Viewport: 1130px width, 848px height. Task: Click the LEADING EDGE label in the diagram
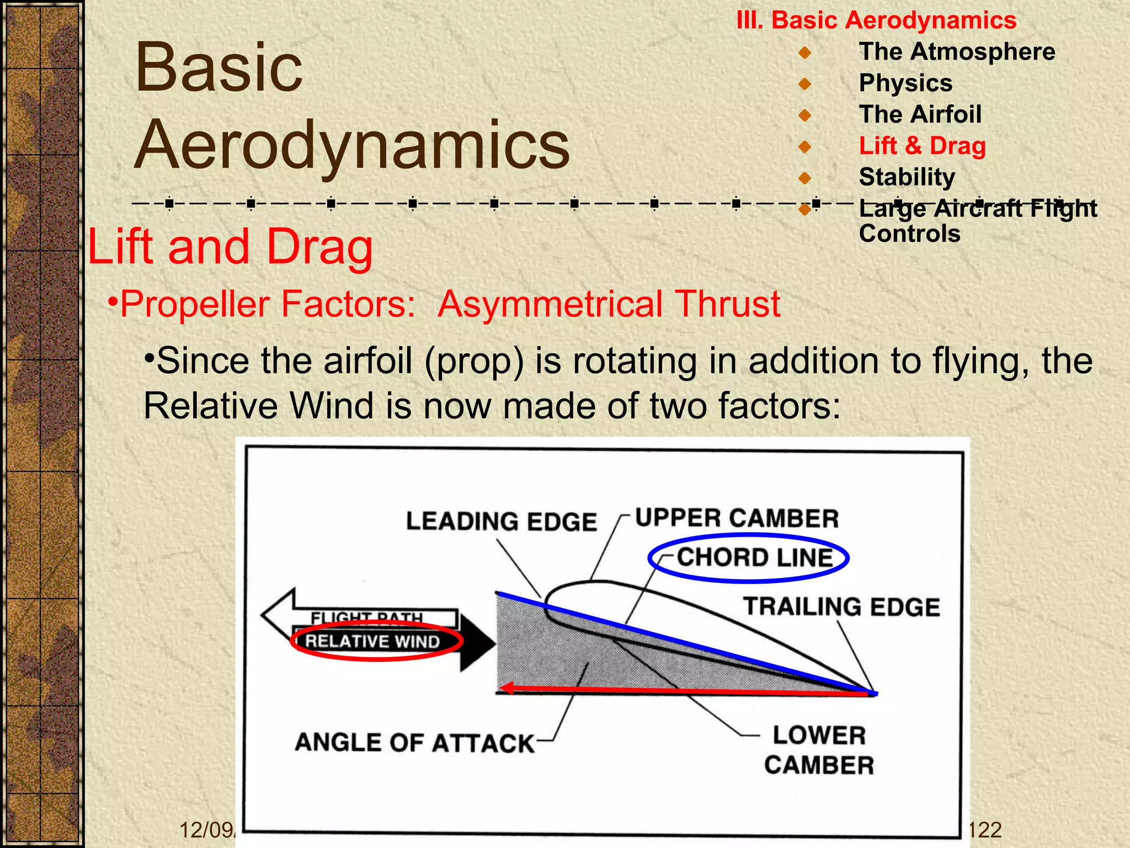501,522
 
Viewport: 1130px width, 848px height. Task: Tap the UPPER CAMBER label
737,518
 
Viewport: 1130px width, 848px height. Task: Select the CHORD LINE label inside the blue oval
755,558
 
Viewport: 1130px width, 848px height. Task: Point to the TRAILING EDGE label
841,607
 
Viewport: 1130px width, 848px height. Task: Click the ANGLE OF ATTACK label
414,743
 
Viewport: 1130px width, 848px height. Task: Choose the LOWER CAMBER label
819,750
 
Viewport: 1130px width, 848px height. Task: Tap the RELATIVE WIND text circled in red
372,642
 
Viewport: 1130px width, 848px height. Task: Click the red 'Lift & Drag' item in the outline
922,146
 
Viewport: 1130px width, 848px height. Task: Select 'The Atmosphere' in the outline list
957,52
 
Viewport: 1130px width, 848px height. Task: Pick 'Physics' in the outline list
905,83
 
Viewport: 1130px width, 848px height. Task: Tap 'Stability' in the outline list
907,177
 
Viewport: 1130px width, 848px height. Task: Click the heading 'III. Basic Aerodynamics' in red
876,20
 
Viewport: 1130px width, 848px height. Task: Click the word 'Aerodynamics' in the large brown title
351,145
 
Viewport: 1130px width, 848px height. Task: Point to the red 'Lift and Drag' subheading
230,247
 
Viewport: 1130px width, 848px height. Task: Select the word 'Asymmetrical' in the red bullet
550,304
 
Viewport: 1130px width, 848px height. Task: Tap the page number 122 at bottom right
985,830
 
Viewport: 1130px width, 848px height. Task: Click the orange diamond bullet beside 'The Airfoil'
804,115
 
